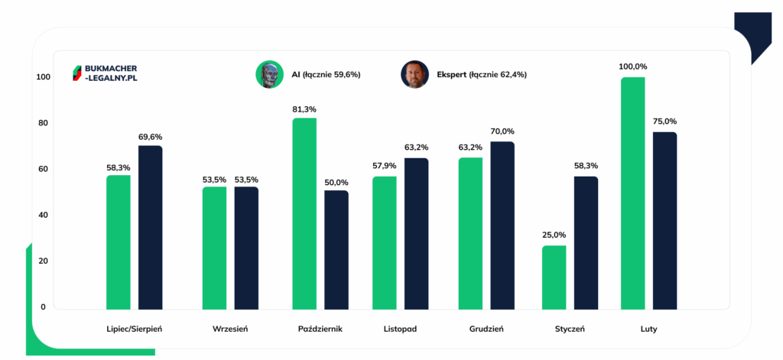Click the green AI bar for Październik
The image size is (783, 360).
coord(304,214)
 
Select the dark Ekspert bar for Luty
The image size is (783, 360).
coord(665,222)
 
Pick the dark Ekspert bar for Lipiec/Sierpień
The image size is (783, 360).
coord(151,228)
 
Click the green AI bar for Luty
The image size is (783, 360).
coord(633,193)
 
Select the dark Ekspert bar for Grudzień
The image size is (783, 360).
coord(502,226)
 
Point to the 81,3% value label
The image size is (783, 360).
coord(304,109)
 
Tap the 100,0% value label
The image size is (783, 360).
coord(633,67)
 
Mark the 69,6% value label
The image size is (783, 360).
coord(151,137)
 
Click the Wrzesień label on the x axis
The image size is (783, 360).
coord(230,330)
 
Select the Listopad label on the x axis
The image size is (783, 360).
coord(400,330)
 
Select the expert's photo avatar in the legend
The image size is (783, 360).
coord(414,75)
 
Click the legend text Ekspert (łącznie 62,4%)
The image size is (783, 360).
coord(482,75)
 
